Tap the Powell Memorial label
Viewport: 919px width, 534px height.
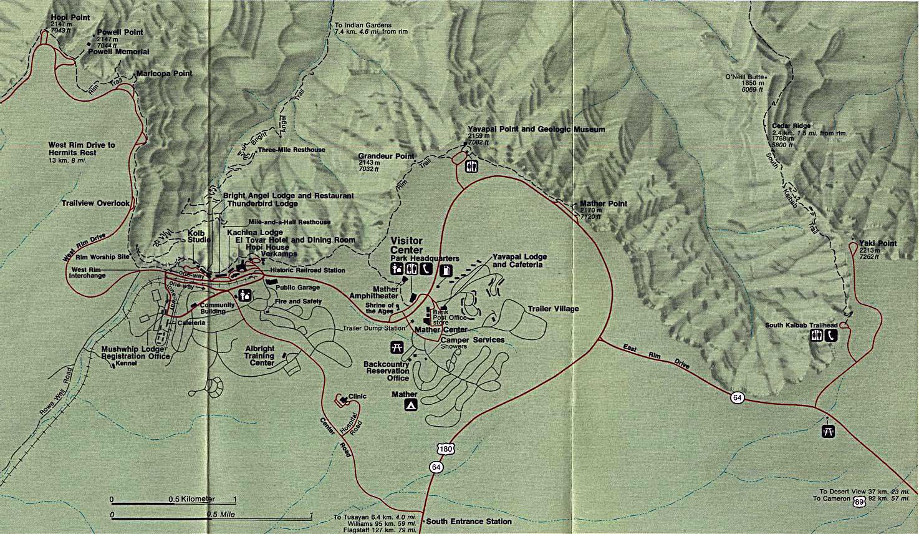tap(118, 52)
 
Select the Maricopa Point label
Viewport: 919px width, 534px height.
tap(165, 74)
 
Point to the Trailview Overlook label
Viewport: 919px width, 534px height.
tap(95, 203)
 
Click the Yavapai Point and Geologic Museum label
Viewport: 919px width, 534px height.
tap(536, 130)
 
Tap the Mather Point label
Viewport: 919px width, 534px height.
tap(604, 203)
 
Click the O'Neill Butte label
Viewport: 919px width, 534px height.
tap(744, 77)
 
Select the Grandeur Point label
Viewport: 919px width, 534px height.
tap(386, 156)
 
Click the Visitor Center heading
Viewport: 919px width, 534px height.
tap(406, 245)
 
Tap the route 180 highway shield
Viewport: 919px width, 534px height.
tap(445, 449)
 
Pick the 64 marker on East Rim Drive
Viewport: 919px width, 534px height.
tap(738, 397)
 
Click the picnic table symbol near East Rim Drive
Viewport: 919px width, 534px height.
tap(828, 431)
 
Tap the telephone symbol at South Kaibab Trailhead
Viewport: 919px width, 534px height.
tap(831, 335)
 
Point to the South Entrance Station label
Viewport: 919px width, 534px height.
tap(469, 522)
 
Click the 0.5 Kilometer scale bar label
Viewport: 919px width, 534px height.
tap(191, 499)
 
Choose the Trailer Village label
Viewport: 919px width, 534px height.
tap(553, 309)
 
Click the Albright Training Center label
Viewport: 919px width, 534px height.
tap(259, 355)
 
